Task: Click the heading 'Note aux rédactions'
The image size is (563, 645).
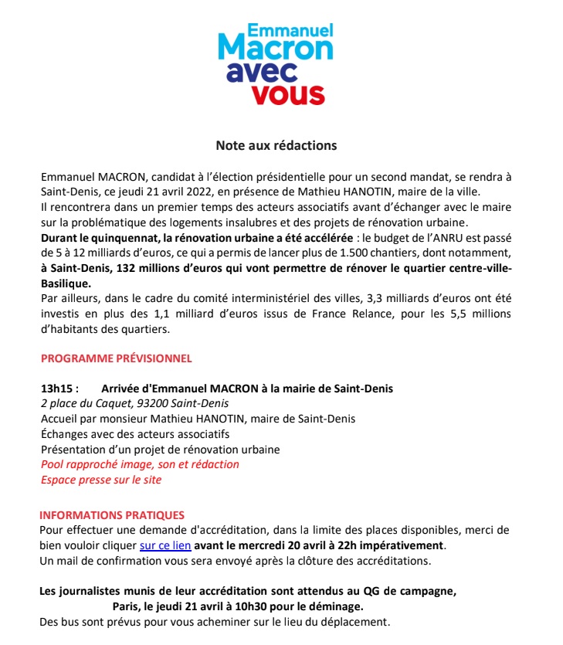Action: (x=276, y=144)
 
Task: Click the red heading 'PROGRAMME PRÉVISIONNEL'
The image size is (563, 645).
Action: (x=116, y=358)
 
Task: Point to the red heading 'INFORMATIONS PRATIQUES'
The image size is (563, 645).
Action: (x=112, y=514)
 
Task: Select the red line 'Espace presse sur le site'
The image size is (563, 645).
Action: (x=101, y=480)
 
